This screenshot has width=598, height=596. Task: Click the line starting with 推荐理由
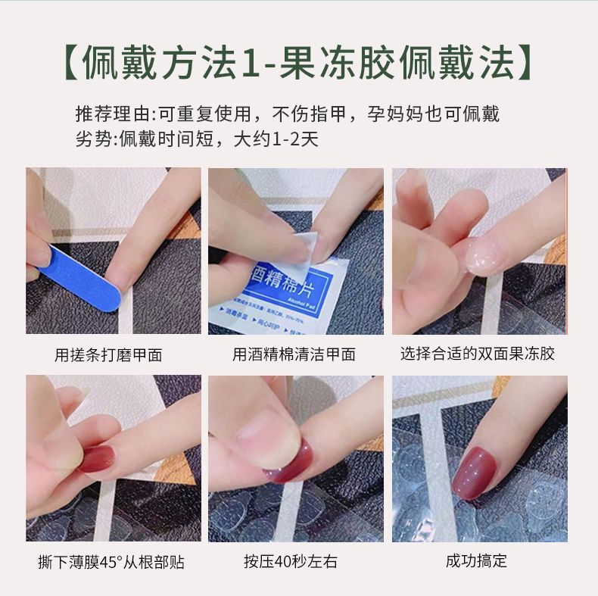click(288, 115)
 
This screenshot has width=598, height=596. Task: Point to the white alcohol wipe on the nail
click(310, 245)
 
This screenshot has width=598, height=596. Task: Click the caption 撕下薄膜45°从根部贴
click(111, 562)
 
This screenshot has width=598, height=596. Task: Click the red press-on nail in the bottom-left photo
click(98, 458)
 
